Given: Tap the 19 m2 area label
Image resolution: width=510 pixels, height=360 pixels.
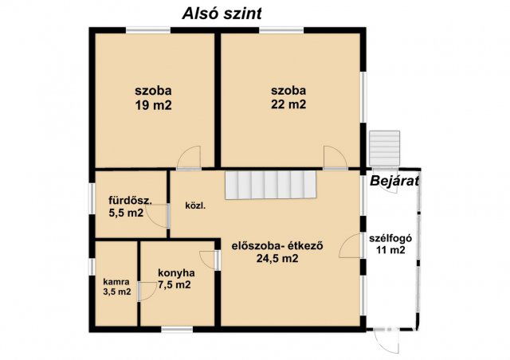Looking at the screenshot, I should click(154, 104).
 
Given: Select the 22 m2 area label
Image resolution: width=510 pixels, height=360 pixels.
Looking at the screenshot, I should click(288, 104).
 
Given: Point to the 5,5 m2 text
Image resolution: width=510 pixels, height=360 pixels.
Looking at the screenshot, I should click(126, 213).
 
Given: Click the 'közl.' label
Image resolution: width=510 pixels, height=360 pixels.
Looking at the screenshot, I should click(195, 205).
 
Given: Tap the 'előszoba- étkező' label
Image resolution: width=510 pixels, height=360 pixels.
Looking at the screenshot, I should click(277, 245).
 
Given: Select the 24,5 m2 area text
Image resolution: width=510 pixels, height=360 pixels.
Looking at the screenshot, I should click(277, 258).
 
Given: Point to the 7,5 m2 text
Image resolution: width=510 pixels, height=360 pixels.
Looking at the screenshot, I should click(174, 284).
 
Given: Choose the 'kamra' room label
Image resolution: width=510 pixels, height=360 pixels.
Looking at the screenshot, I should click(116, 280).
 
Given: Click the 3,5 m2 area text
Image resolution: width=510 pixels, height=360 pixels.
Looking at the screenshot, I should click(116, 292).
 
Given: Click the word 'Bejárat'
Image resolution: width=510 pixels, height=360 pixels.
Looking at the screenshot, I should click(394, 181).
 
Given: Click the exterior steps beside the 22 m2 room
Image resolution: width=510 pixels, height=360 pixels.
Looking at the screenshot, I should click(385, 147).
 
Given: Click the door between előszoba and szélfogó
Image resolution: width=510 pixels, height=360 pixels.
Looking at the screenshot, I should click(351, 248).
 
